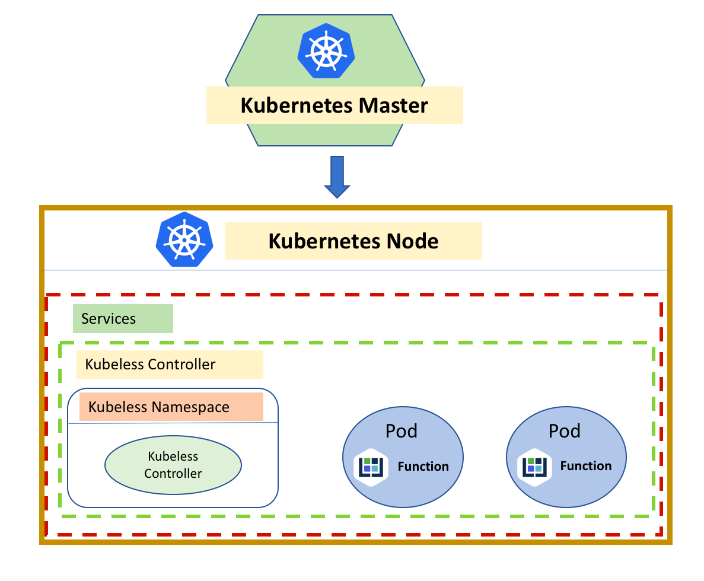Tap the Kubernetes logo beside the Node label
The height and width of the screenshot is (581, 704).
[184, 239]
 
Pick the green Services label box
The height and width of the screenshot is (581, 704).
[123, 319]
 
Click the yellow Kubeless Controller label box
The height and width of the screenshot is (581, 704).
[169, 364]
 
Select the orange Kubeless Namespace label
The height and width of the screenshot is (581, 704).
[171, 407]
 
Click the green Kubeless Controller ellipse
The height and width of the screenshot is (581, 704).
[173, 465]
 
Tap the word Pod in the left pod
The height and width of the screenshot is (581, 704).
[402, 431]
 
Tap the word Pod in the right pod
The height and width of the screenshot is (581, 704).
[565, 431]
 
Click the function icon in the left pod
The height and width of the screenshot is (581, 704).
[371, 467]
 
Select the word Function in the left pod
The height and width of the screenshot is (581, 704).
[423, 467]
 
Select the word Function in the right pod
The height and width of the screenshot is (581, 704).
[586, 466]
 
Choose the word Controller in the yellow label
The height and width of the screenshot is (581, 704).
[183, 364]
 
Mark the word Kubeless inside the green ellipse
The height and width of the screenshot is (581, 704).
[173, 457]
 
